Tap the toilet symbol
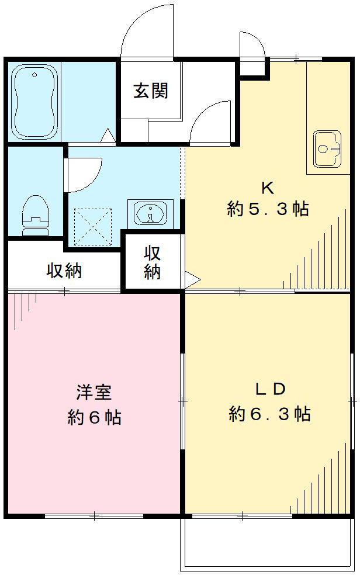click(x=35, y=214)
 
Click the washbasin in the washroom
click(x=151, y=212)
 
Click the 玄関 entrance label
click(x=151, y=91)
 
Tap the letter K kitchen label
click(x=268, y=188)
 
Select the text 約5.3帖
click(x=268, y=210)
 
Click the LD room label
click(x=269, y=389)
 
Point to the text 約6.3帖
click(x=269, y=414)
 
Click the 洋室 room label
click(x=94, y=392)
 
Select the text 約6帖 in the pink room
click(x=94, y=417)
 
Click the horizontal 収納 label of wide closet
click(x=64, y=271)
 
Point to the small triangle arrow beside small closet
click(x=192, y=279)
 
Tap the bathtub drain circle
click(x=34, y=75)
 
